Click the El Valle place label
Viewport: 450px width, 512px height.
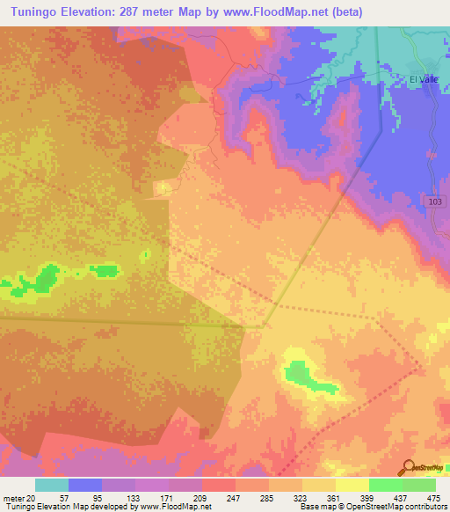pyautogui.click(x=425, y=79)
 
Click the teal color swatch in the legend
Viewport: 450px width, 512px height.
pyautogui.click(x=52, y=485)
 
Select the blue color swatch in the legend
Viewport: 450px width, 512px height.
pyautogui.click(x=85, y=485)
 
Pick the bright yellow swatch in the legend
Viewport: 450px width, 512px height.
pyautogui.click(x=352, y=485)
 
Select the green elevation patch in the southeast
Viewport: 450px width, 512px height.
pyautogui.click(x=305, y=376)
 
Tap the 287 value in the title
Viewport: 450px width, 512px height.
pyautogui.click(x=154, y=11)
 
